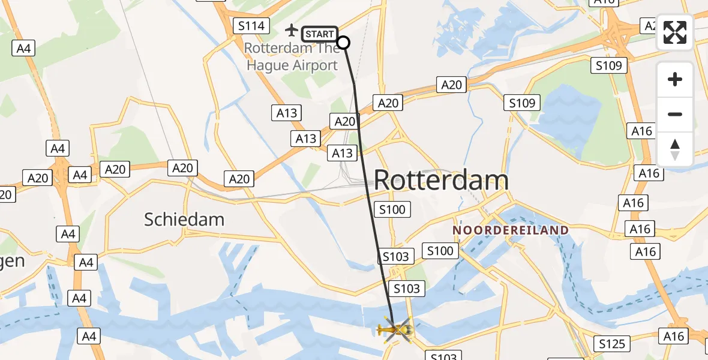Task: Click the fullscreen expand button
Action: pyautogui.click(x=675, y=32)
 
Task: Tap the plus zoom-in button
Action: pyautogui.click(x=675, y=79)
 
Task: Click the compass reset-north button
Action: pyautogui.click(x=675, y=149)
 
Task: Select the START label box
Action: pyautogui.click(x=319, y=34)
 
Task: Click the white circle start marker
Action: pyautogui.click(x=343, y=42)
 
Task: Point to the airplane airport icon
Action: pyautogui.click(x=292, y=29)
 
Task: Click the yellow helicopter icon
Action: pyautogui.click(x=395, y=329)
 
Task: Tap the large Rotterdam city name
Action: pyautogui.click(x=441, y=180)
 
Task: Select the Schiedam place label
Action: pyautogui.click(x=184, y=220)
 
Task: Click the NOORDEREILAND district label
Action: pyautogui.click(x=511, y=230)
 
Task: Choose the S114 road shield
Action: pyautogui.click(x=251, y=26)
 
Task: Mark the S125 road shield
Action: pyautogui.click(x=613, y=344)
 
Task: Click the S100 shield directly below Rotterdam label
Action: pyautogui.click(x=392, y=209)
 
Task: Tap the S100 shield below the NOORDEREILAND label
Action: pyautogui.click(x=440, y=251)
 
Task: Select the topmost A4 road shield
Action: pyautogui.click(x=24, y=48)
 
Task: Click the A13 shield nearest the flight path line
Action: pyautogui.click(x=343, y=154)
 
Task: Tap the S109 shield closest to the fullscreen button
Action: pyautogui.click(x=609, y=65)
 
